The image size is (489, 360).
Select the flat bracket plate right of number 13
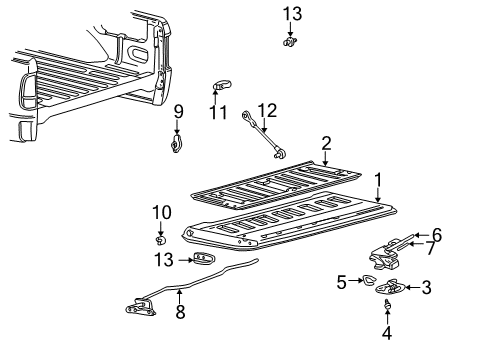point(204,260)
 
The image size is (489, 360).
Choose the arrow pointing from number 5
point(353,282)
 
